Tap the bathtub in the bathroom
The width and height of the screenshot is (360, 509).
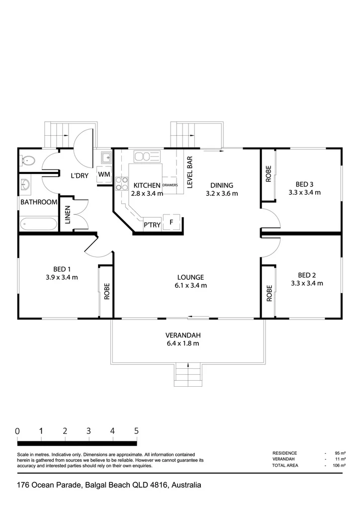click(38, 223)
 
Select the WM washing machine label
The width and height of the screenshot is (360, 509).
click(104, 174)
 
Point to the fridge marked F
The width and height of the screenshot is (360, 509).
click(172, 222)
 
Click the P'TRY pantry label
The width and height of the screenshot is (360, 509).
click(152, 225)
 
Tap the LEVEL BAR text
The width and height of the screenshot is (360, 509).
click(190, 172)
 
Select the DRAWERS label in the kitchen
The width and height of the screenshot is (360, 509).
click(170, 185)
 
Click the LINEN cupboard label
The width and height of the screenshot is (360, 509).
click(68, 215)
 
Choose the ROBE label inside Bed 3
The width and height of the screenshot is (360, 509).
click(269, 174)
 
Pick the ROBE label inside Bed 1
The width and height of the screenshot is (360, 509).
click(107, 291)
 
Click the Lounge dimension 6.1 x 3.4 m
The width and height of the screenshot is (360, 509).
click(190, 286)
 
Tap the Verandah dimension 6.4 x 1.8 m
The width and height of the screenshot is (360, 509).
click(183, 343)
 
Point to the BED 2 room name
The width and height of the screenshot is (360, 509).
click(307, 275)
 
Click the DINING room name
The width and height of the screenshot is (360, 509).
click(222, 185)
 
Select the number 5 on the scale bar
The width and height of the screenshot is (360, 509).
click(136, 431)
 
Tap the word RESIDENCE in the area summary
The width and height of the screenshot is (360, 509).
click(285, 453)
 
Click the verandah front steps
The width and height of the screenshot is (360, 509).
click(188, 375)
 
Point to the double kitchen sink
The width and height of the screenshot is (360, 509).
click(147, 157)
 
